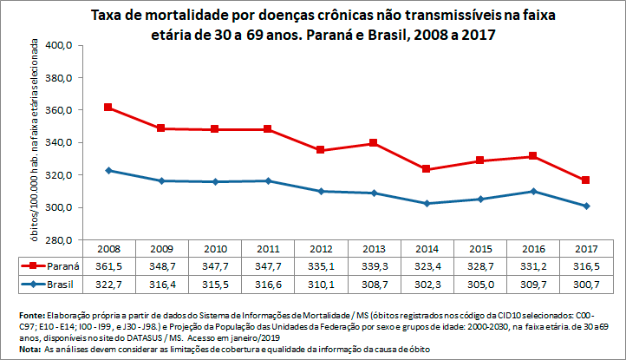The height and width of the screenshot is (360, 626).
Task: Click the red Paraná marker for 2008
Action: pos(108,108)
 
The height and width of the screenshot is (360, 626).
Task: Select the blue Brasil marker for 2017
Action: pos(587,206)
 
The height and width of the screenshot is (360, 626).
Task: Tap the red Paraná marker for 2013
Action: pos(374,143)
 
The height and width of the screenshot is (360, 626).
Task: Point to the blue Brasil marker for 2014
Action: pos(427,203)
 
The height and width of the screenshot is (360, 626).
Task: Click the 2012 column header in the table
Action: pos(321,248)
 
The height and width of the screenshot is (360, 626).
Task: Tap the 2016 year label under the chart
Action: pos(534,248)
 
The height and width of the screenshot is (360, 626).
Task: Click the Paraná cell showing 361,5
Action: pos(108,265)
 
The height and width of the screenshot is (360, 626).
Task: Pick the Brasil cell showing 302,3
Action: pos(427,283)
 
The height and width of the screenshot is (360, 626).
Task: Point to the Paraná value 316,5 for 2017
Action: pos(587,265)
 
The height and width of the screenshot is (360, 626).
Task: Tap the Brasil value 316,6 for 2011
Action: pos(267,283)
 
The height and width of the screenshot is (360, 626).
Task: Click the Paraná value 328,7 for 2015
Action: pos(480,265)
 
